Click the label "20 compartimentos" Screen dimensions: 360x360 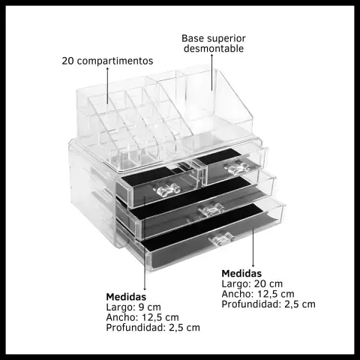[107, 61]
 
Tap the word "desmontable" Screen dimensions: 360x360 [214, 48]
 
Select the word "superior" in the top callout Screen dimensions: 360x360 [226, 39]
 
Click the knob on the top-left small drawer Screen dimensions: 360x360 [167, 190]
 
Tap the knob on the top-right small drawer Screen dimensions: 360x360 [238, 166]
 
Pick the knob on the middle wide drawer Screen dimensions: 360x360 [211, 210]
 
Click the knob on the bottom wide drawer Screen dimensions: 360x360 [221, 239]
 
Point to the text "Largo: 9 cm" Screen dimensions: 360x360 [133, 307]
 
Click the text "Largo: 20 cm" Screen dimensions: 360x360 [252, 283]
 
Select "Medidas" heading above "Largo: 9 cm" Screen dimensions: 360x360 [126, 297]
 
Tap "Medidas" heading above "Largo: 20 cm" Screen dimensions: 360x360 [241, 274]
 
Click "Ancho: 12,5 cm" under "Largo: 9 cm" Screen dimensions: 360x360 [142, 317]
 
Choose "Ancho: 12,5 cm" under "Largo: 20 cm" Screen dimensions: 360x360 [258, 294]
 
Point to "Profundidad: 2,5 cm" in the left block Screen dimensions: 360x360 [153, 328]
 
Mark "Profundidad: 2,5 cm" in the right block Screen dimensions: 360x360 [268, 304]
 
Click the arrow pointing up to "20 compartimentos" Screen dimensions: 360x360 [108, 85]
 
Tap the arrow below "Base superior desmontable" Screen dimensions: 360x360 [212, 72]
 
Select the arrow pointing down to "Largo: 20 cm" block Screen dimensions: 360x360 [253, 247]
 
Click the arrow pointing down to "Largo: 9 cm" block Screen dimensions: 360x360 [145, 244]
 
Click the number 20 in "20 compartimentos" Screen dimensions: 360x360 [67, 61]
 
